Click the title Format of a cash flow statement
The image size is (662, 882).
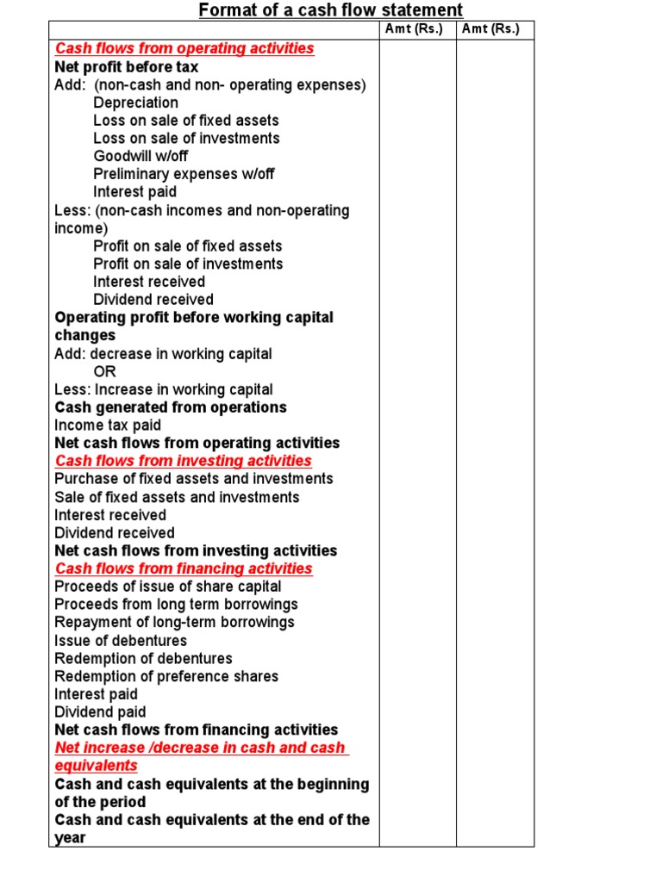coord(331,10)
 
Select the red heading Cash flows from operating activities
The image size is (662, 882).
coord(184,48)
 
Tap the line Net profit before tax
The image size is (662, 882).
coord(126,66)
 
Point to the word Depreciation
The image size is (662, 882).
coord(135,102)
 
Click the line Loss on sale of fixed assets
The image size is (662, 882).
coord(185,121)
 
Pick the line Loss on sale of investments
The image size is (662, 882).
coord(186,138)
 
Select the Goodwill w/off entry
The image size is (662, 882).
coord(141,156)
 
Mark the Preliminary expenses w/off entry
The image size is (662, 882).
coord(184,174)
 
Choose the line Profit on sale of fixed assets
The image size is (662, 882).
coord(187,245)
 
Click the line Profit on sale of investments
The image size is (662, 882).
coord(188,264)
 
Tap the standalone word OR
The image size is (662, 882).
coord(104,371)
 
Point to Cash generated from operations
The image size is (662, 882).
coord(171,407)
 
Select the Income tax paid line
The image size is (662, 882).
coord(108,425)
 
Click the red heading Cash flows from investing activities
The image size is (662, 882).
coord(184,461)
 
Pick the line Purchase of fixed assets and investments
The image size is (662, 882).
coord(194,478)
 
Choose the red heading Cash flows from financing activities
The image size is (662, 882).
coord(184,568)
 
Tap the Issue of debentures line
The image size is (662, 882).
coord(121,640)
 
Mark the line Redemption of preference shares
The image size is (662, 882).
coord(166,676)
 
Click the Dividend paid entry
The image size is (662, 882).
coord(100,711)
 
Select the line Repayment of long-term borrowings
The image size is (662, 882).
coord(174,622)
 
